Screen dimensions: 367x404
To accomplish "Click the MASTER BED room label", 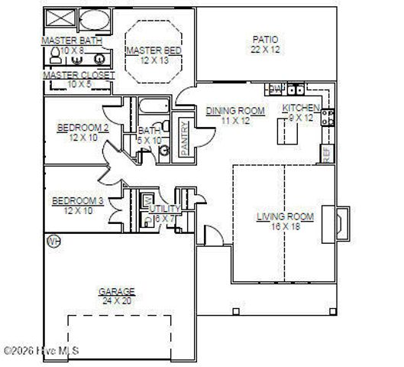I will (154, 50).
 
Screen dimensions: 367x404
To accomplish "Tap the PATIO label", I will (265, 40).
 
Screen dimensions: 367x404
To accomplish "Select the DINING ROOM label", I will (235, 111).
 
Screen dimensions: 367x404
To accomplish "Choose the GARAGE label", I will (116, 291).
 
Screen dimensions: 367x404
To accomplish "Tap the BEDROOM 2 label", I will (82, 128).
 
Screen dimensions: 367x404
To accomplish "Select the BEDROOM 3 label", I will (76, 201).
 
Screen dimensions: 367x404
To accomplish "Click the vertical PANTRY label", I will (184, 138).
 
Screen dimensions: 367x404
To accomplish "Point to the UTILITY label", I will (164, 208).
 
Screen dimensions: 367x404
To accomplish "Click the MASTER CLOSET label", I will (79, 75).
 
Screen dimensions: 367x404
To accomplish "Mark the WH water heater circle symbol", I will (53, 242).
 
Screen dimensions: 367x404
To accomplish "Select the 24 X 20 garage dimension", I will (116, 300).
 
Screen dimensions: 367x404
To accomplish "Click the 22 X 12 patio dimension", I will (265, 50).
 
